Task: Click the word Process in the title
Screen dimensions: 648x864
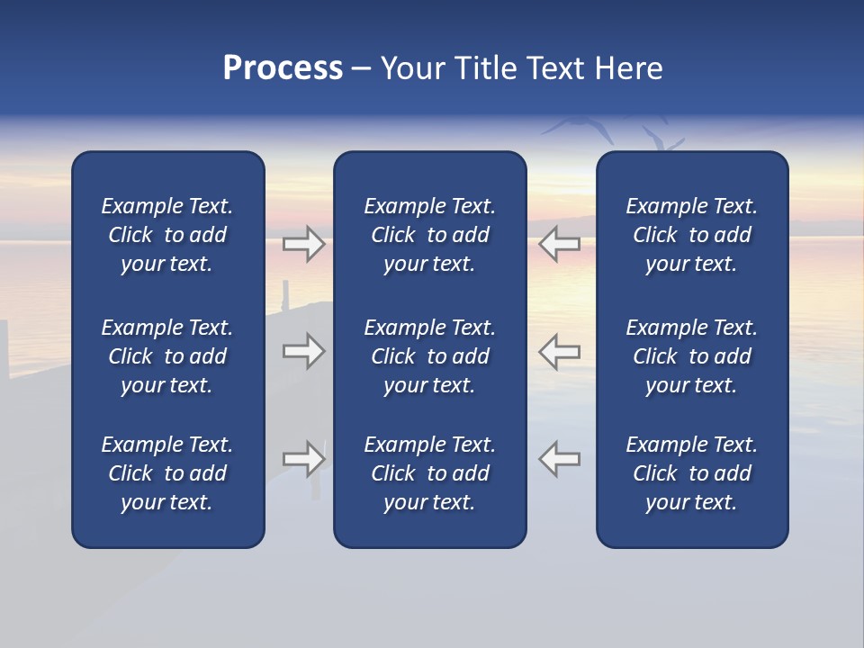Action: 283,68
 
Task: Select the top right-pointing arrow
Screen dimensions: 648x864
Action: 304,244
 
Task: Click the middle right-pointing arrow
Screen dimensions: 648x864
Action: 304,351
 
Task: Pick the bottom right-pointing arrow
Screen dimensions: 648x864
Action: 304,459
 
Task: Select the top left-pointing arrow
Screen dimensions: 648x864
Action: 560,244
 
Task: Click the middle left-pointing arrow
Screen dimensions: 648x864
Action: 560,351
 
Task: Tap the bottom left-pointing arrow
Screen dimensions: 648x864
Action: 560,459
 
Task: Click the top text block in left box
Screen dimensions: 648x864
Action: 167,235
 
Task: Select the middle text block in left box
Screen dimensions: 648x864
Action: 167,356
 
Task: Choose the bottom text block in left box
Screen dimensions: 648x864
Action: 167,473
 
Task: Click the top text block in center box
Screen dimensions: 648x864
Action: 430,235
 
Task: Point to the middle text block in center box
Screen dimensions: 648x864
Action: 430,356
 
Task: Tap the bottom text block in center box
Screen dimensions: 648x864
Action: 430,473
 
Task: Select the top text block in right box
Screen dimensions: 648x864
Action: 692,235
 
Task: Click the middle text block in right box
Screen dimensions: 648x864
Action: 692,356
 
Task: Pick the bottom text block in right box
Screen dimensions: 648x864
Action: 692,473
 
